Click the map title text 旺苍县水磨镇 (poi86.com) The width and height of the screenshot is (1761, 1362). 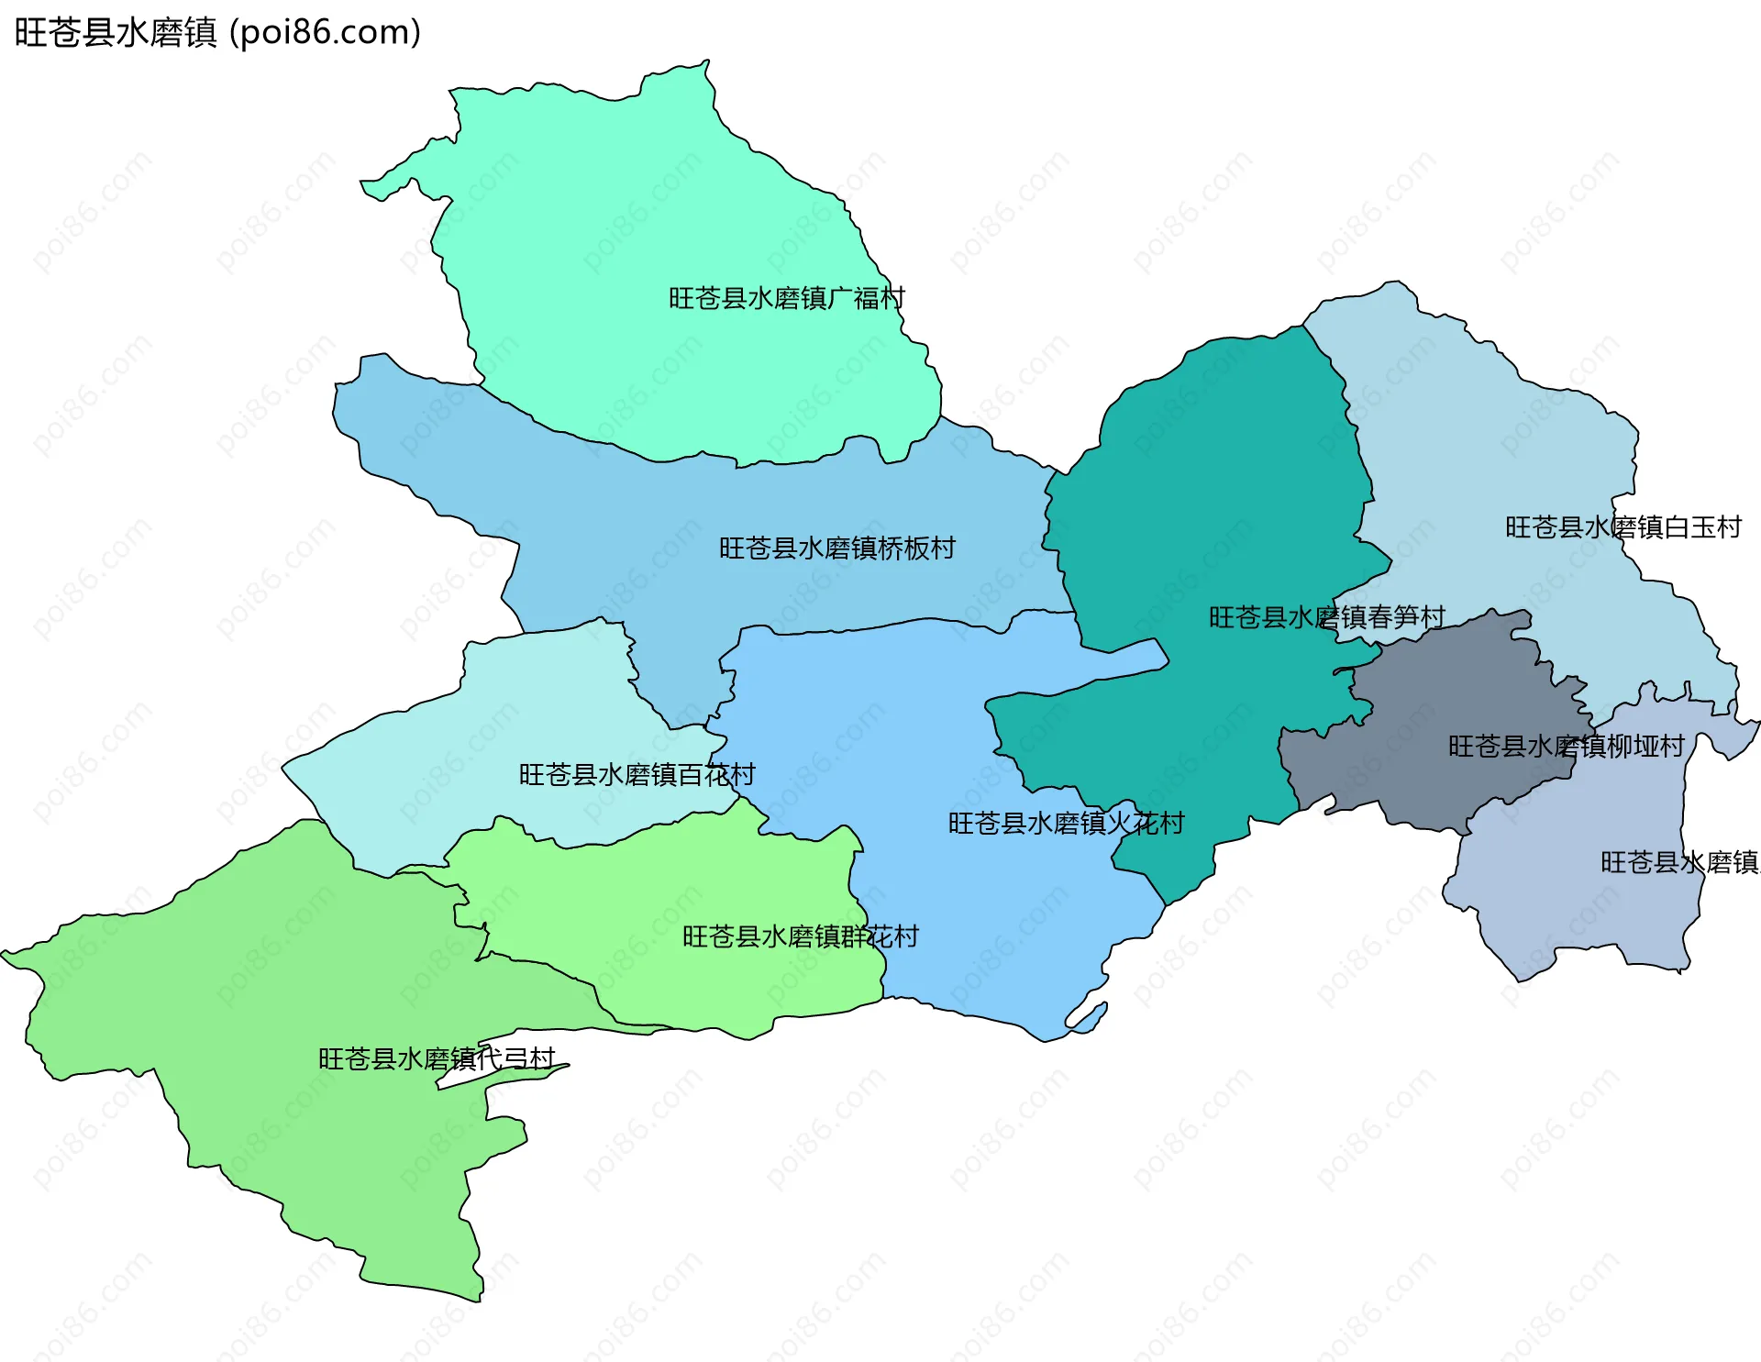(217, 32)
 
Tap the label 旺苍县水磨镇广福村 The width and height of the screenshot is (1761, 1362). (786, 298)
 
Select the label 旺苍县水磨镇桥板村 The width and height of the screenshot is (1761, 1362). (836, 548)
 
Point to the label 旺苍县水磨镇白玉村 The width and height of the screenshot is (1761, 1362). (1623, 527)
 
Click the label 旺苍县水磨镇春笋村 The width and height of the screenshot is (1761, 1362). (1326, 617)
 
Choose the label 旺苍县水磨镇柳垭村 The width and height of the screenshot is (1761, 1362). (1566, 747)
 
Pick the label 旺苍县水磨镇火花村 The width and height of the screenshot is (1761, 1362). (1066, 824)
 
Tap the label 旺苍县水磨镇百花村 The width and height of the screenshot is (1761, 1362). (637, 775)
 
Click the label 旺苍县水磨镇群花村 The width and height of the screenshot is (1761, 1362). (800, 936)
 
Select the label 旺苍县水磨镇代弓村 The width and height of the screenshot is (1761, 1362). (437, 1059)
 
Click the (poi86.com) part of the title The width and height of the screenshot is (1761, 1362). (325, 32)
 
